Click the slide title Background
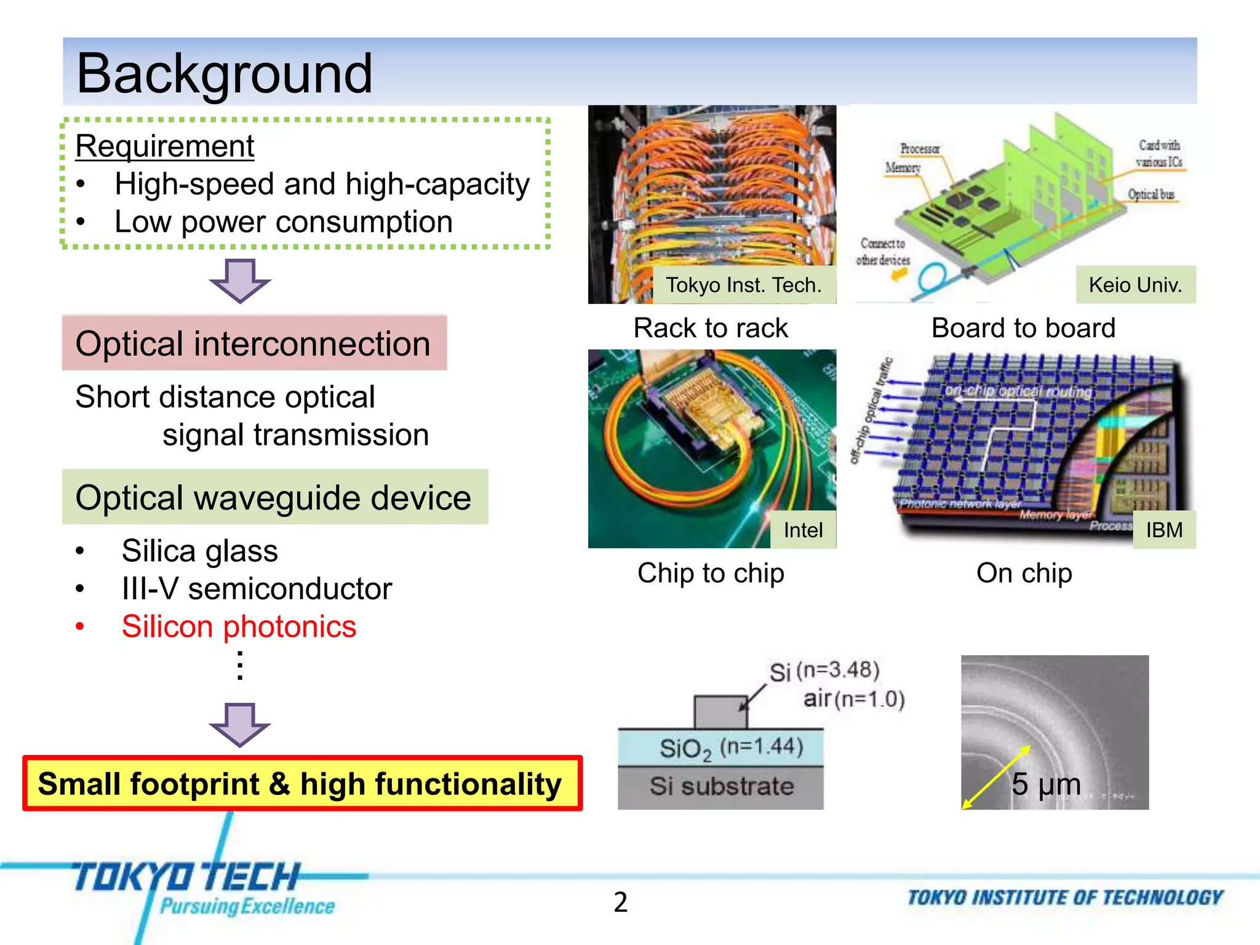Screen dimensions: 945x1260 [224, 73]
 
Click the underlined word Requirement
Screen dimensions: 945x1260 [164, 146]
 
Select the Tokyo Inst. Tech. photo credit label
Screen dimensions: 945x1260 [743, 285]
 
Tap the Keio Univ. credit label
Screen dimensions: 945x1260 [1135, 285]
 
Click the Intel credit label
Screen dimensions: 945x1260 [803, 530]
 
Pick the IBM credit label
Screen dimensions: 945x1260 [1164, 530]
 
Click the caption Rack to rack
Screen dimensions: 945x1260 [711, 328]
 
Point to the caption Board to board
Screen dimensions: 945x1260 [1023, 328]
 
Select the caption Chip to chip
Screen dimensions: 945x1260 [711, 573]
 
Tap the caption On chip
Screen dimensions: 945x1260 [1024, 573]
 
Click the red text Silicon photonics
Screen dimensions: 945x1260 [239, 627]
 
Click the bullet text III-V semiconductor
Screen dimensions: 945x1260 [257, 589]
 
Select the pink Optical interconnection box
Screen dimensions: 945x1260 [253, 343]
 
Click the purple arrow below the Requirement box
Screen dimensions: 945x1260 [239, 281]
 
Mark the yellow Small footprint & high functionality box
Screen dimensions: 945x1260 [301, 784]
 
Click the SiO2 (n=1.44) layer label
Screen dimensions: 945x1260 [731, 748]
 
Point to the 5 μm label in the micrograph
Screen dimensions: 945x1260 [1046, 784]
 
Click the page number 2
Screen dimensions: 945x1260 [620, 902]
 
